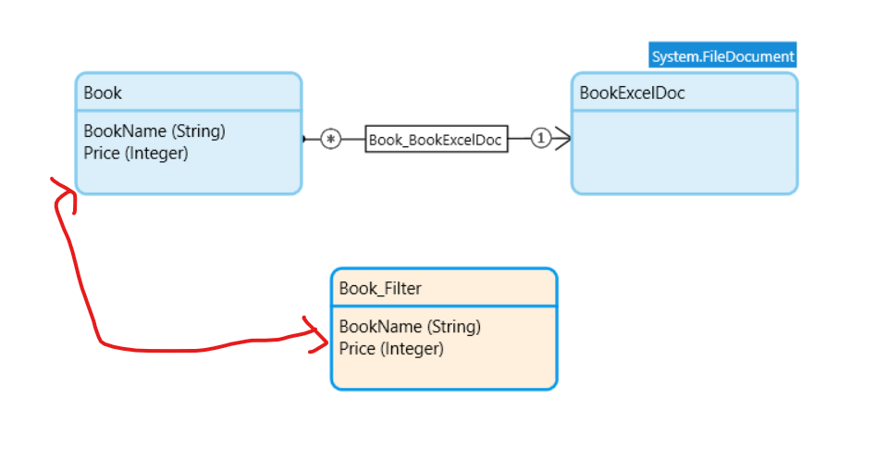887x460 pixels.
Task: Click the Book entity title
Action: [x=103, y=93]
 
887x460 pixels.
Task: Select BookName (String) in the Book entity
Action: [x=154, y=131]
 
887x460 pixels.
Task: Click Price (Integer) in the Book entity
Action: [x=136, y=154]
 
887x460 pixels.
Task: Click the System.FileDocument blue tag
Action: [x=722, y=56]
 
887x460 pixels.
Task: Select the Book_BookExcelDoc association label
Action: [x=436, y=140]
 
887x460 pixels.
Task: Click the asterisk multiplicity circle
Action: [x=331, y=139]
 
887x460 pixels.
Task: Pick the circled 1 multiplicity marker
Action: [x=541, y=139]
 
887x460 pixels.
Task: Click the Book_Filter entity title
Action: [x=380, y=289]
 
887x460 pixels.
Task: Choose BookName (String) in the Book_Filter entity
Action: [x=410, y=327]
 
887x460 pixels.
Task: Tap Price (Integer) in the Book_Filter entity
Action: [x=391, y=349]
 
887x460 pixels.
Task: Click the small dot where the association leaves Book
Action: [x=303, y=139]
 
